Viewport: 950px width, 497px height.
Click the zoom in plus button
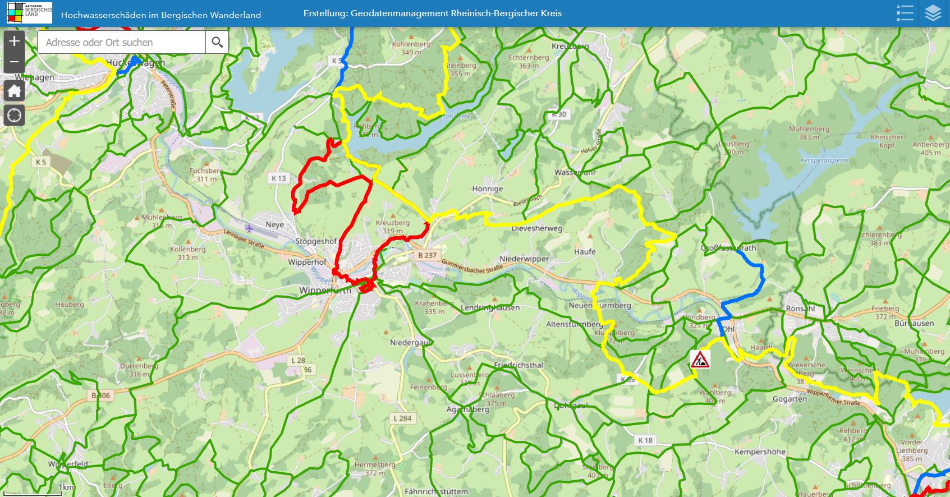click(x=14, y=41)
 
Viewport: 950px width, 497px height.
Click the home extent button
click(x=14, y=91)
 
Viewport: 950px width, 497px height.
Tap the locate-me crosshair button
click(x=14, y=116)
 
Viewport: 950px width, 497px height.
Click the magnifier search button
click(x=217, y=42)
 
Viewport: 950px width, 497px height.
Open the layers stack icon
click(x=933, y=13)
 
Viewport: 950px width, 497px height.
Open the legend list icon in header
click(x=905, y=13)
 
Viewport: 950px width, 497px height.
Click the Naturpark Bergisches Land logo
click(x=30, y=13)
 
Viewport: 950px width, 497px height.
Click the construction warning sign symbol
click(x=700, y=359)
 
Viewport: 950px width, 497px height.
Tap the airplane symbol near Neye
click(x=249, y=228)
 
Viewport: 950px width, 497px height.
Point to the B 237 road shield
click(x=427, y=255)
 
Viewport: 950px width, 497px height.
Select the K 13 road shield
click(x=278, y=178)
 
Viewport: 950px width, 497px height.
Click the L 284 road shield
click(x=402, y=418)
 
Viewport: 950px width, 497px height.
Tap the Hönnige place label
click(x=487, y=189)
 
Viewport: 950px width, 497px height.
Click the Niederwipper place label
click(x=524, y=259)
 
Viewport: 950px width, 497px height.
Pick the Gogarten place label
click(x=790, y=399)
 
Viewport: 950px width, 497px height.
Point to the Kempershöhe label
click(x=760, y=452)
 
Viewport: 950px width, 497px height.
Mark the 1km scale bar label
click(x=66, y=487)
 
